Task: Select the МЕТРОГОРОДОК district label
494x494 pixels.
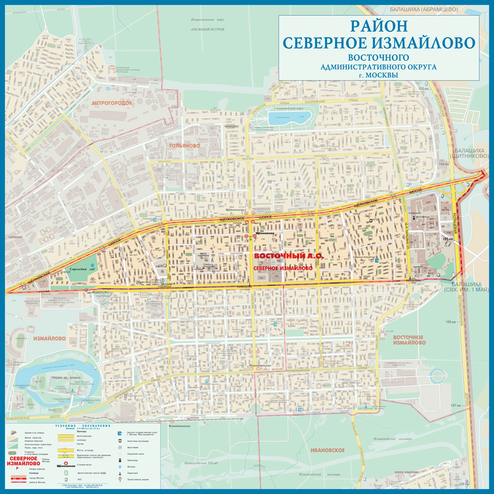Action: pyautogui.click(x=112, y=102)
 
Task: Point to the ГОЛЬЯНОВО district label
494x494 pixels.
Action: pyautogui.click(x=184, y=146)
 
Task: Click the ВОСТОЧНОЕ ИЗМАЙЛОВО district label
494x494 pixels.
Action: pyautogui.click(x=409, y=339)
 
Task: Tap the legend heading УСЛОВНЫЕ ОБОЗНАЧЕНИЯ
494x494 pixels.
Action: pyautogui.click(x=82, y=425)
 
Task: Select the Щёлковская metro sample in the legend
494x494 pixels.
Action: pyautogui.click(x=66, y=465)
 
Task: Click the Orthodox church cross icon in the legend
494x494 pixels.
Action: pyautogui.click(x=120, y=480)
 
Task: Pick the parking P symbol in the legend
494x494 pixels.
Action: pyautogui.click(x=120, y=448)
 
